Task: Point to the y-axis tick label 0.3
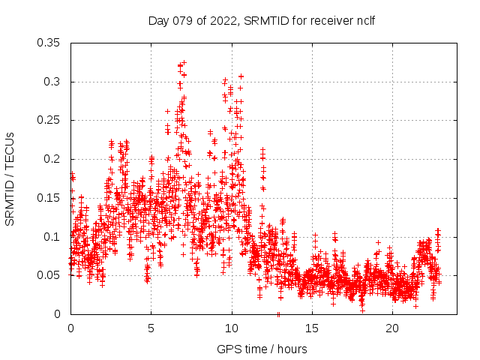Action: [x=54, y=82]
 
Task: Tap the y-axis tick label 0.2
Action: [x=54, y=159]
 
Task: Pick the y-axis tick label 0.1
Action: [x=54, y=237]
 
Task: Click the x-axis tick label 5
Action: [x=151, y=328]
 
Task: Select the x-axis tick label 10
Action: [x=232, y=328]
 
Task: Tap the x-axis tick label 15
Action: [x=312, y=328]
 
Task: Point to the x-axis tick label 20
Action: [x=392, y=328]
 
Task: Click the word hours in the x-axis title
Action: [x=292, y=349]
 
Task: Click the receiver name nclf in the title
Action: [x=365, y=21]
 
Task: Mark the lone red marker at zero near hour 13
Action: [x=278, y=313]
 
